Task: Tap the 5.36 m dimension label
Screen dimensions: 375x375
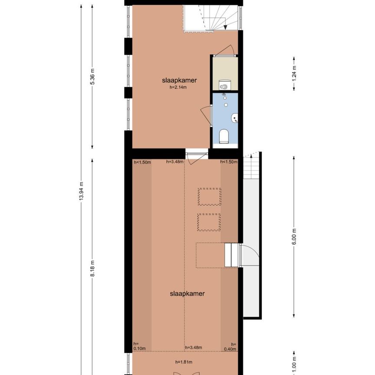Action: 92,76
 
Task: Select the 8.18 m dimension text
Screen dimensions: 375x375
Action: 92,269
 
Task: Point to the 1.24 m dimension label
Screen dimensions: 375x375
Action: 294,74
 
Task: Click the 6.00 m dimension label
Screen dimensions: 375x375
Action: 294,237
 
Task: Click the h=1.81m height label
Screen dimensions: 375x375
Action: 184,362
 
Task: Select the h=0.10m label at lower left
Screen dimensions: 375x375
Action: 139,345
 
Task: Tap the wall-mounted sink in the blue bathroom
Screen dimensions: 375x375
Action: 235,117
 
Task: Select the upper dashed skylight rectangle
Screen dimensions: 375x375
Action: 210,197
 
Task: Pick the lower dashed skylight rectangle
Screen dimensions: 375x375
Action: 209,223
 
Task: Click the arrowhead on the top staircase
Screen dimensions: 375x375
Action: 226,27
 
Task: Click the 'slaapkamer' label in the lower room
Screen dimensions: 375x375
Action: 187,294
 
